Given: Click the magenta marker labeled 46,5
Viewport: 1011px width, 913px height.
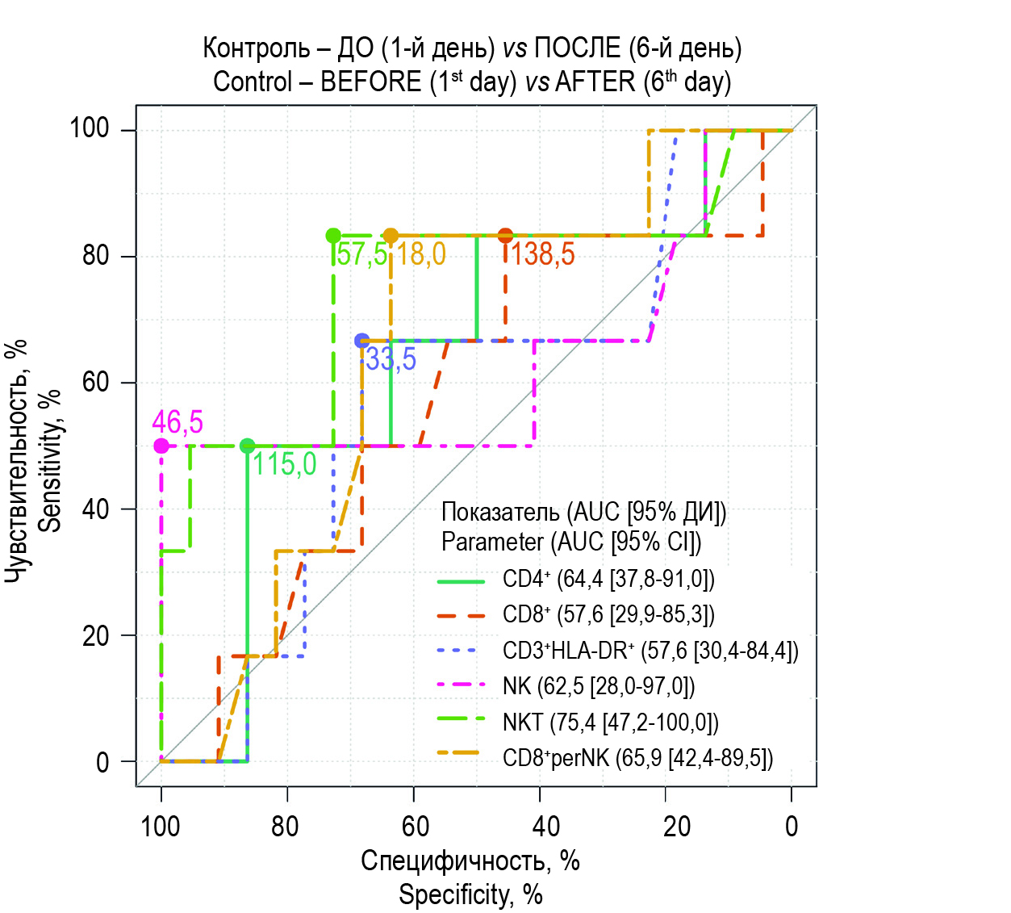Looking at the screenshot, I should click(161, 446).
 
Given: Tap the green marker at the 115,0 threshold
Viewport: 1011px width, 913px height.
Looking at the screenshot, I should click(248, 446).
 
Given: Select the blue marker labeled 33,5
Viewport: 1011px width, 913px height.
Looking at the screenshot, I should click(362, 341).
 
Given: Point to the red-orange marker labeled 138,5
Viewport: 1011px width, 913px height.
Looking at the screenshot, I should click(505, 236).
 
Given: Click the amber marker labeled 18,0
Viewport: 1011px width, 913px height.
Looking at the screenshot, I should click(391, 236).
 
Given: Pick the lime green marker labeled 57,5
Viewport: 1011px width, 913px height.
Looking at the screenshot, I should click(333, 236).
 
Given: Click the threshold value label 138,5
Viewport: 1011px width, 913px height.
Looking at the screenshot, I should click(542, 255).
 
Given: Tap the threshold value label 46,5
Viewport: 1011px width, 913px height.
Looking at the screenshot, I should click(178, 422).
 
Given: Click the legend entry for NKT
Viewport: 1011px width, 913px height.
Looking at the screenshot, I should click(609, 722).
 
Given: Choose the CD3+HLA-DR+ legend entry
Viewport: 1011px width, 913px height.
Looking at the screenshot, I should click(650, 651).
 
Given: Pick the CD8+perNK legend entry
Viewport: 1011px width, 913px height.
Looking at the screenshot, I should click(637, 758).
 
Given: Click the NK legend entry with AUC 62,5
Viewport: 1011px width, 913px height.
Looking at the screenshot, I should click(598, 686).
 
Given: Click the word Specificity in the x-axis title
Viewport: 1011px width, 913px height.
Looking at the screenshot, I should click(455, 894).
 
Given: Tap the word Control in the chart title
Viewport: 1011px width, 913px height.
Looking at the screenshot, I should click(253, 82).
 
